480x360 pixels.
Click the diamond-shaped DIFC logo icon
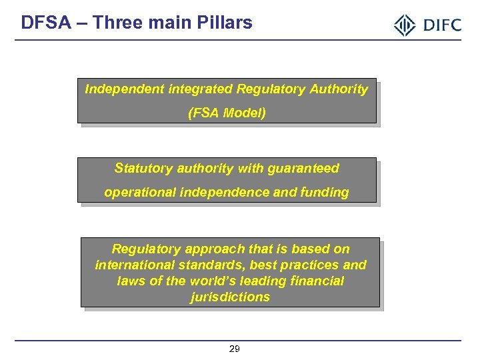[405, 25]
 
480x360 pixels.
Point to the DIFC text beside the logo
[440, 25]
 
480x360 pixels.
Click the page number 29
[235, 349]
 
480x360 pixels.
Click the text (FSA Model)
[227, 113]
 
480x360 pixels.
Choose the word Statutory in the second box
[141, 168]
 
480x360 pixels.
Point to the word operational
[137, 192]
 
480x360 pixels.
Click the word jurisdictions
[230, 297]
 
